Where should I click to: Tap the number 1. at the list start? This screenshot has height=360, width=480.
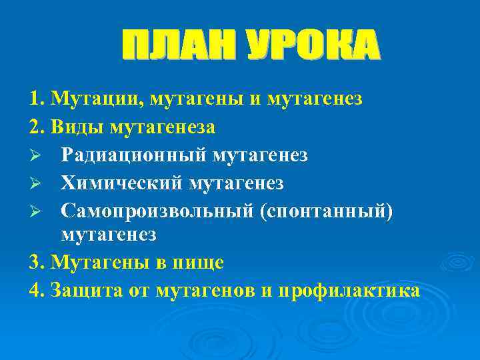(37, 99)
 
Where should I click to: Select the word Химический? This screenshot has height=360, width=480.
(122, 182)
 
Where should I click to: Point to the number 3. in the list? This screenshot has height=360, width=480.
(37, 263)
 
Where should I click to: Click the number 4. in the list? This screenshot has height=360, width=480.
(37, 291)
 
